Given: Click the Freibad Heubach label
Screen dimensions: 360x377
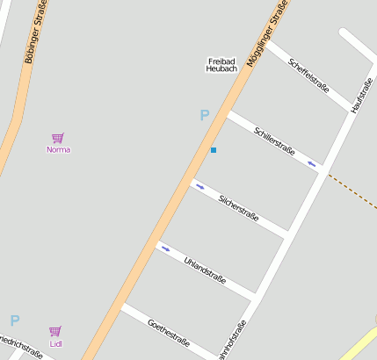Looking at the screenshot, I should pyautogui.click(x=222, y=64).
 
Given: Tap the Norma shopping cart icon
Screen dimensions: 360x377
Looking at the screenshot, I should pyautogui.click(x=58, y=138).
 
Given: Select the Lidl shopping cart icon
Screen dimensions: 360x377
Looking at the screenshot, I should pyautogui.click(x=55, y=331).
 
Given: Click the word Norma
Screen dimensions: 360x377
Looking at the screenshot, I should pyautogui.click(x=58, y=149).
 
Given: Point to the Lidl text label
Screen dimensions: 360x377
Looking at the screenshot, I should pyautogui.click(x=55, y=343).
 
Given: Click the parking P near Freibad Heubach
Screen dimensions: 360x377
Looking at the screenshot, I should pyautogui.click(x=205, y=115).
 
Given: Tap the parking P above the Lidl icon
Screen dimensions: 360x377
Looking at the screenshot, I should pyautogui.click(x=14, y=320).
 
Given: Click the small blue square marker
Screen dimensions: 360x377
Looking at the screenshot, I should pyautogui.click(x=213, y=150).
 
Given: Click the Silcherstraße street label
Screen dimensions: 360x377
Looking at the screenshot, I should pyautogui.click(x=238, y=208).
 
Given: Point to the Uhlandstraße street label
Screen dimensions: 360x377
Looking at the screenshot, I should pyautogui.click(x=206, y=271).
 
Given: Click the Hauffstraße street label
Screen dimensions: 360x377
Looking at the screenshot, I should pyautogui.click(x=362, y=95).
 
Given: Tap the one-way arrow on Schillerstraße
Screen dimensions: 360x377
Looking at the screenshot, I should pyautogui.click(x=311, y=162).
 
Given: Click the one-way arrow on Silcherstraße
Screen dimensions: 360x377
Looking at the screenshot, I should pyautogui.click(x=200, y=187).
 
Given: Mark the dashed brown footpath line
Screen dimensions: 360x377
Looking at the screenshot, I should pyautogui.click(x=352, y=191).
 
